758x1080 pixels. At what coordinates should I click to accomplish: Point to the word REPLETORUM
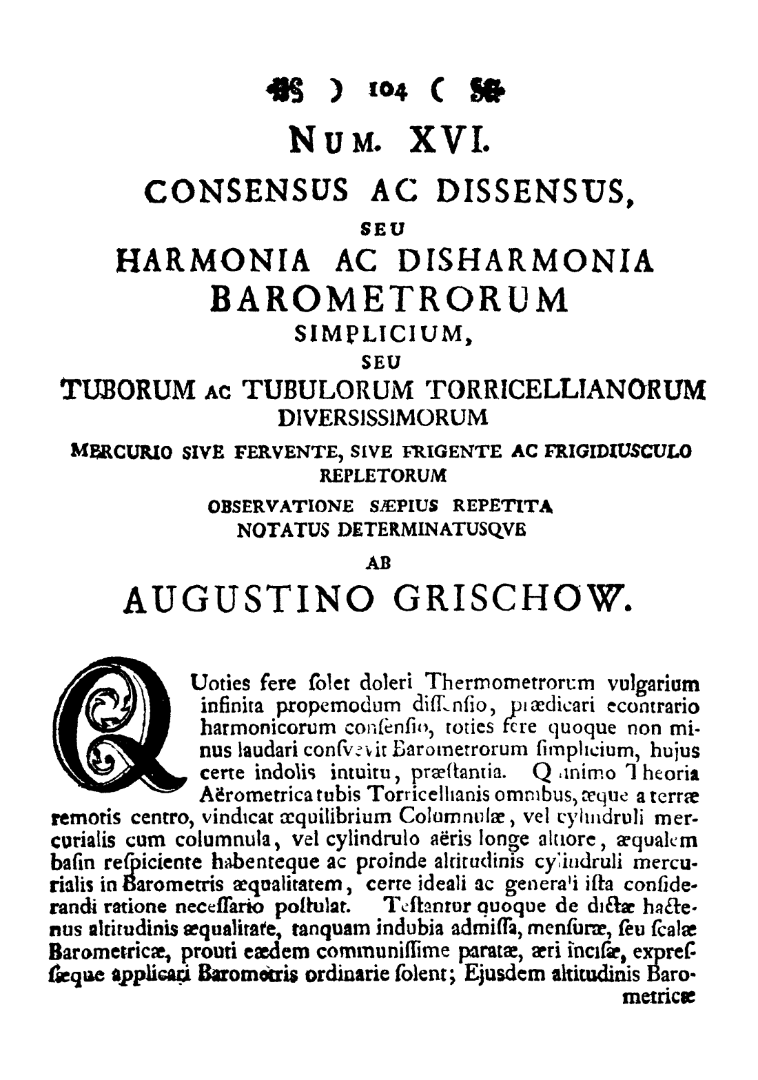pyautogui.click(x=383, y=475)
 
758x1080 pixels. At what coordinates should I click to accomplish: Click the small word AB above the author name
pyautogui.click(x=380, y=561)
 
